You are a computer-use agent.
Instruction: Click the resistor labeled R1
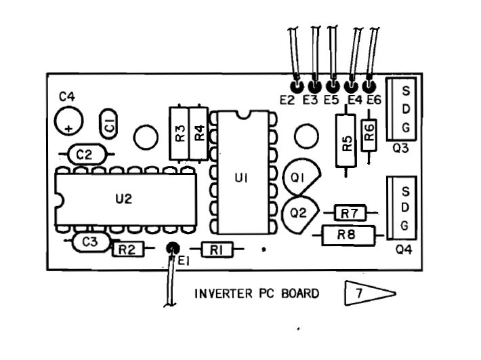pyautogui.click(x=216, y=250)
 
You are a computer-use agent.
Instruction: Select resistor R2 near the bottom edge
pyautogui.click(x=127, y=249)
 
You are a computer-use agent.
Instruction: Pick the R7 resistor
pyautogui.click(x=350, y=214)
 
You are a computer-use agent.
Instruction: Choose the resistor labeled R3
pyautogui.click(x=180, y=133)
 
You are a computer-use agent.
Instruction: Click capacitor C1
pyautogui.click(x=108, y=123)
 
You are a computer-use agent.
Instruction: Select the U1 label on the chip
pyautogui.click(x=240, y=178)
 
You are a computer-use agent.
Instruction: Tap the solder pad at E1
pyautogui.click(x=173, y=248)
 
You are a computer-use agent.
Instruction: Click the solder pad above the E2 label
pyautogui.click(x=295, y=87)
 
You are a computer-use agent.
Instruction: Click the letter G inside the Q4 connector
pyautogui.click(x=404, y=225)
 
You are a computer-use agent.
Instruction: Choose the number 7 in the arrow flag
pyautogui.click(x=358, y=294)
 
